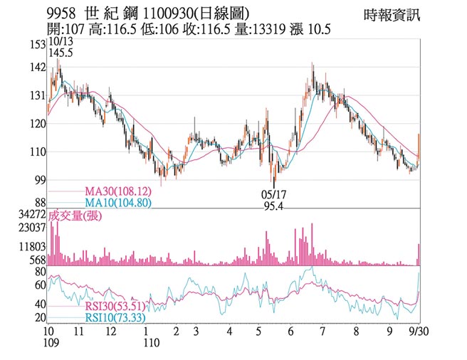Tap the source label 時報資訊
[x=392, y=14]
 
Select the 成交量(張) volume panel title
[x=74, y=216]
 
